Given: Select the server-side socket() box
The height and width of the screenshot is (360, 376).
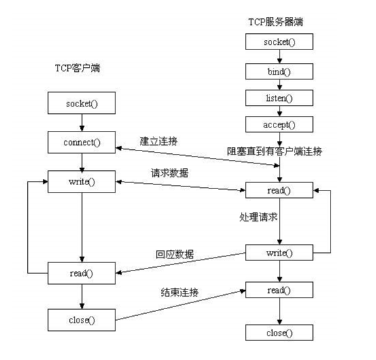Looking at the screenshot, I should point(279,42).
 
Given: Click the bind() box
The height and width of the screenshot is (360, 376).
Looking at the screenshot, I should point(279,71).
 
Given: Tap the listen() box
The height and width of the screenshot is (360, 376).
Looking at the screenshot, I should point(279,98).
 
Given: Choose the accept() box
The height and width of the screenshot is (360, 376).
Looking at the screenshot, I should point(279,125).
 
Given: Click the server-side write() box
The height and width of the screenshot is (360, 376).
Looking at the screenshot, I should point(279,253).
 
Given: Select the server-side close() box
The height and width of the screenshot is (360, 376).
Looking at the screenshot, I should point(279,332).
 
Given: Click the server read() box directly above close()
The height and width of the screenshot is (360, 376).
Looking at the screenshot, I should point(279,290).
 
